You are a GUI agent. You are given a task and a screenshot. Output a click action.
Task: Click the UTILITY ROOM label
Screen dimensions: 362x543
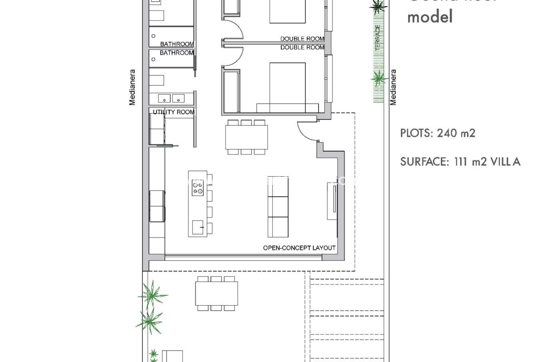(173, 112)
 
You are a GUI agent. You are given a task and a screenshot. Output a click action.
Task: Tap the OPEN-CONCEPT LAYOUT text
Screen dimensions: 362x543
(299, 248)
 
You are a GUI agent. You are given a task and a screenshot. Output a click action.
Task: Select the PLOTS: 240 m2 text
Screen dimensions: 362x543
(438, 133)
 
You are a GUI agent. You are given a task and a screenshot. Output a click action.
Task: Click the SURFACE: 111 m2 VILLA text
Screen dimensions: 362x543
(460, 162)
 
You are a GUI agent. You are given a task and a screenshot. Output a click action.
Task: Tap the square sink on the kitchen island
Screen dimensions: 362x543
(198, 227)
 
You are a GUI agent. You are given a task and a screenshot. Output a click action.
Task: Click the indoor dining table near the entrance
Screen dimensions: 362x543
(246, 137)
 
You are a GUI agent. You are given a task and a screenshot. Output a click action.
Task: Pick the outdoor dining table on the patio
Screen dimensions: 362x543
(216, 293)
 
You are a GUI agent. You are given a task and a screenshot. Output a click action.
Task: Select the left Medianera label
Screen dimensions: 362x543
(132, 87)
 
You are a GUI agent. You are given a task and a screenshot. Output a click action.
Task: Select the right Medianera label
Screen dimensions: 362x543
(393, 87)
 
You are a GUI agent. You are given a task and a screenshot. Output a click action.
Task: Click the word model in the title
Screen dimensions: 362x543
(430, 16)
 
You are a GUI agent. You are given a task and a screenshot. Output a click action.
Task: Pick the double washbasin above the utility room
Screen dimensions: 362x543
(171, 98)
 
